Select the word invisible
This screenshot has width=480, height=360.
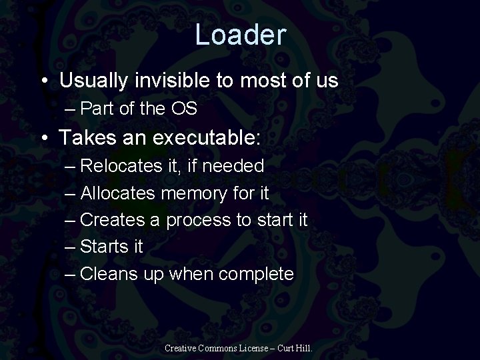pos(175,81)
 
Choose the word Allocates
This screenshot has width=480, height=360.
pos(118,193)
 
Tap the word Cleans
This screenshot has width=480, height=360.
pos(110,273)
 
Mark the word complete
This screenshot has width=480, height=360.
pos(257,274)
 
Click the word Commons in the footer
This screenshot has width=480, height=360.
pos(226,347)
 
